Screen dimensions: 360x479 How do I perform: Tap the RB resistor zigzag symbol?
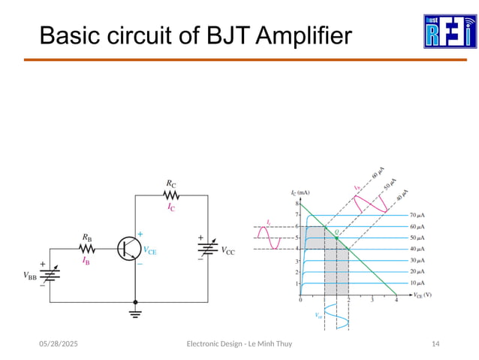(88, 248)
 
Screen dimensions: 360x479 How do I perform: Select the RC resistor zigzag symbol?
(172, 194)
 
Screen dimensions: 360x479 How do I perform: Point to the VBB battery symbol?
(50, 274)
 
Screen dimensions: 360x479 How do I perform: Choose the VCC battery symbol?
(206, 249)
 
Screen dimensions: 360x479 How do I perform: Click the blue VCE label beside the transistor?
(150, 252)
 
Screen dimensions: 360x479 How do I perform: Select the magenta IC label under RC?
(172, 207)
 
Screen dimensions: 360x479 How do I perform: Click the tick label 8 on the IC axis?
(297, 204)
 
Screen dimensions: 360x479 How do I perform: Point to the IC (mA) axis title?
(303, 193)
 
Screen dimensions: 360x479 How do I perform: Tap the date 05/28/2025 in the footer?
(59, 343)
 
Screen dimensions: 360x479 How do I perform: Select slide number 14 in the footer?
(435, 343)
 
